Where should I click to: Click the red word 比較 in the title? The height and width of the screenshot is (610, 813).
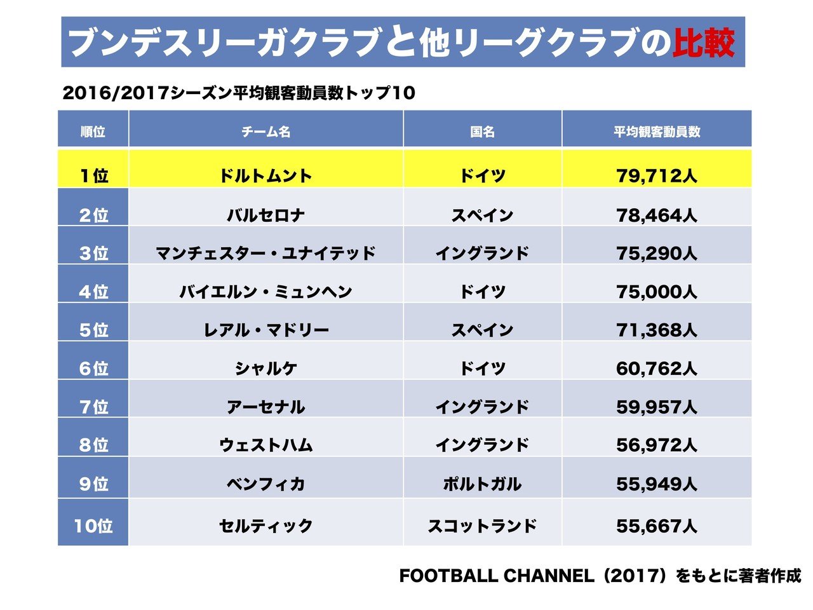(x=704, y=43)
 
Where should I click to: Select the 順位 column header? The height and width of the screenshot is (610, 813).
(x=93, y=132)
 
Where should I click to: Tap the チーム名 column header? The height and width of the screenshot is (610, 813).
(x=265, y=132)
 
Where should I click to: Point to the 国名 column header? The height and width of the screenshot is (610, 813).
(x=482, y=132)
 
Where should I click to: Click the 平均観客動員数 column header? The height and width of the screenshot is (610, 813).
(x=657, y=132)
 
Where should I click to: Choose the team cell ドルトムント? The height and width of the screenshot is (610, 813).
(x=265, y=175)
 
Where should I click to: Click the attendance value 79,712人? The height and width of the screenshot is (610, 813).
(x=657, y=175)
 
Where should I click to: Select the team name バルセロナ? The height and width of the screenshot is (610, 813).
(x=265, y=215)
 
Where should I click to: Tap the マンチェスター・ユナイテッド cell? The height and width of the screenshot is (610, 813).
(x=265, y=254)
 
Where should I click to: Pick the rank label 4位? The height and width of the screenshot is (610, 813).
(x=93, y=292)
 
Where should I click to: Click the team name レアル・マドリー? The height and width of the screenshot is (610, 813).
(x=265, y=330)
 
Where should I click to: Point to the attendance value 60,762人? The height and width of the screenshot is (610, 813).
(x=657, y=369)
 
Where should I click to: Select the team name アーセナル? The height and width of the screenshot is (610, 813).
(x=265, y=407)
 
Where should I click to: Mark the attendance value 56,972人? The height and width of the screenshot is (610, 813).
(x=657, y=445)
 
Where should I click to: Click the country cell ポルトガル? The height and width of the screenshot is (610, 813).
(x=482, y=484)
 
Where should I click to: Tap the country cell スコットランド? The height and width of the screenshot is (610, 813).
(x=482, y=526)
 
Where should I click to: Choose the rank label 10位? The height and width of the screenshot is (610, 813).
(x=93, y=526)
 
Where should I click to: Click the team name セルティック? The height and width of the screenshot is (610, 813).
(x=265, y=526)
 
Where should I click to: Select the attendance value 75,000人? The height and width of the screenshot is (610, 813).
(x=657, y=292)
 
